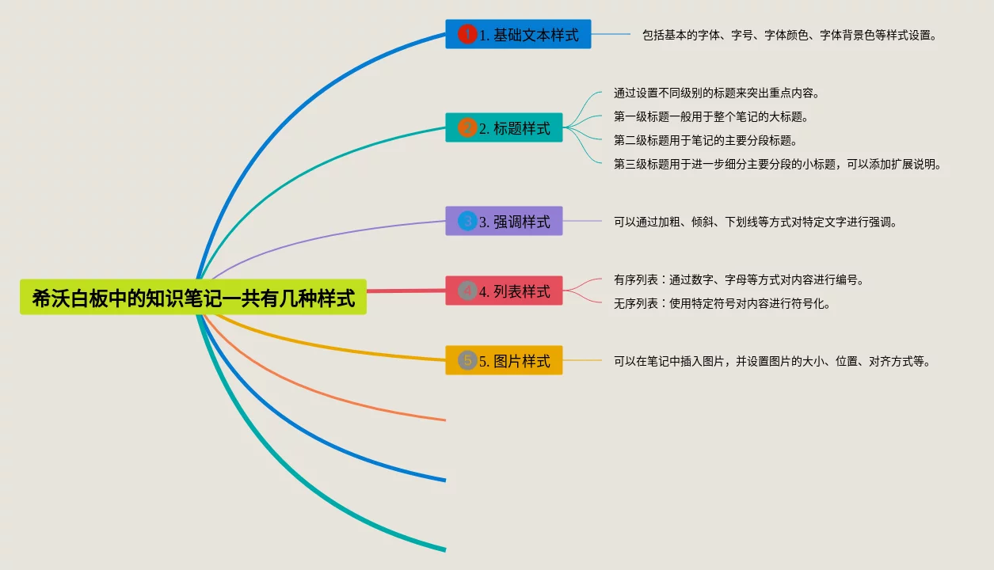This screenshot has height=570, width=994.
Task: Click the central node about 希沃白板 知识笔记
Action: pos(193,298)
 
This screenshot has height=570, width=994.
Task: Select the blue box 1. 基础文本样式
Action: pos(518,35)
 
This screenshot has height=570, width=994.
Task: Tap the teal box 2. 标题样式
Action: pos(504,128)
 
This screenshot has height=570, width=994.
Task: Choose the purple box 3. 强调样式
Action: pos(504,222)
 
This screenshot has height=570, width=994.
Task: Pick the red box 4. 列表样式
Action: pos(504,291)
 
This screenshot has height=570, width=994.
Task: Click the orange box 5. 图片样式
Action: pos(504,361)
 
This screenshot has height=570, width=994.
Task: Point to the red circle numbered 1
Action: pos(467,34)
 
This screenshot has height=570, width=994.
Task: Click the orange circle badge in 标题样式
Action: pos(467,127)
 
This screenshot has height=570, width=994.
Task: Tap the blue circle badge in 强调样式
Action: pos(467,221)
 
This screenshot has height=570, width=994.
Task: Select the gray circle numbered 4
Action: pos(467,291)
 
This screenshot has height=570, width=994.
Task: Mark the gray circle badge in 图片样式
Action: pos(467,360)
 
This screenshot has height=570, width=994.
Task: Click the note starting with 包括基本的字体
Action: pos(790,36)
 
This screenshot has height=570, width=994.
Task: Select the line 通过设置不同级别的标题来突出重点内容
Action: pos(716,93)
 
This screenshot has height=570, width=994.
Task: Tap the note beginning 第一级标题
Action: pos(710,117)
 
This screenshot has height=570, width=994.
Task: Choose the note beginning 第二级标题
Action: pos(705,141)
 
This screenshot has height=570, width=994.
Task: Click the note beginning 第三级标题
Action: pos(777,165)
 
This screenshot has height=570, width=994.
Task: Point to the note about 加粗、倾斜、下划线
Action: pos(756,222)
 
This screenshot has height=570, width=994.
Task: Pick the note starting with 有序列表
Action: pos(738,280)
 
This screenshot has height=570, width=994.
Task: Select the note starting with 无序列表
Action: pos(722,304)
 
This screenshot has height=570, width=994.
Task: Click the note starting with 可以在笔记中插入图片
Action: pos(772,362)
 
